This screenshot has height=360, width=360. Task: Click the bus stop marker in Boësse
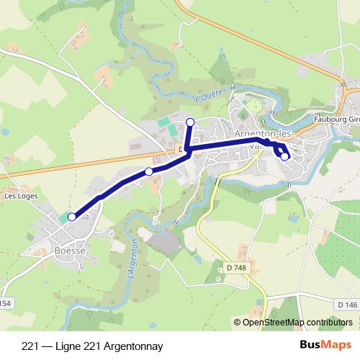(72, 217)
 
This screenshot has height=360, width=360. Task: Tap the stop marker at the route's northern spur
(190, 122)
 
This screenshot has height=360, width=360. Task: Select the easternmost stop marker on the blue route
(285, 156)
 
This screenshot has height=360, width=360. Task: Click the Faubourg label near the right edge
(338, 120)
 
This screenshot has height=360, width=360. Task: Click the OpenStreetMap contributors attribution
(296, 322)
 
